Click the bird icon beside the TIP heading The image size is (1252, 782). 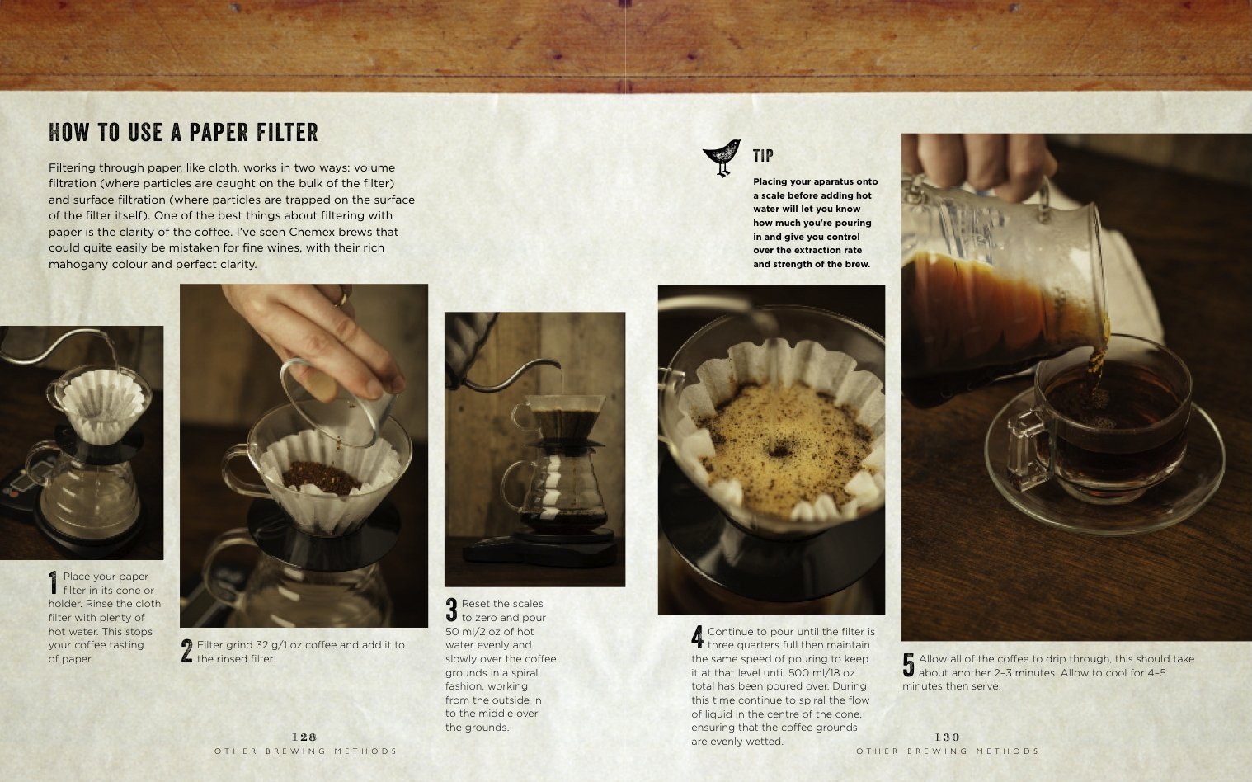(722, 157)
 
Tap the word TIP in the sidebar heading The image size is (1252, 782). (764, 155)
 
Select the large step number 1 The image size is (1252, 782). (54, 582)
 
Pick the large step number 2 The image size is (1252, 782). (186, 651)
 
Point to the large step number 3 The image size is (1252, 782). (452, 610)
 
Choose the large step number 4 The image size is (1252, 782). (698, 638)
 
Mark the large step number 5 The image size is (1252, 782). (909, 665)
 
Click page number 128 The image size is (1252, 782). (304, 737)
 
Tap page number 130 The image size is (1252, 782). (948, 737)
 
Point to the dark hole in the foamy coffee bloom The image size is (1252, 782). (778, 450)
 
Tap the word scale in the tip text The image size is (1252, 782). (772, 195)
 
